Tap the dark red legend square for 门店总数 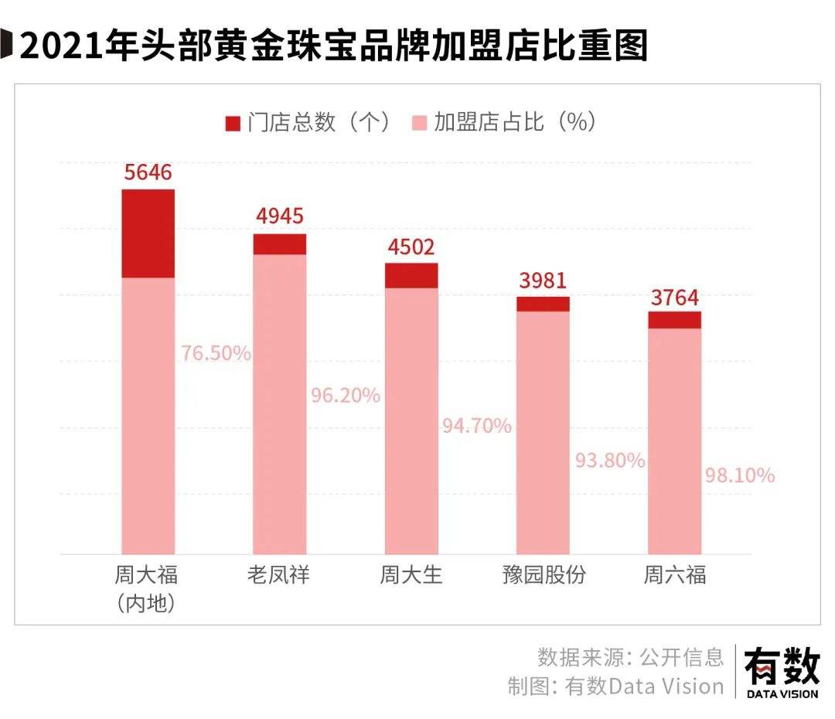(233, 124)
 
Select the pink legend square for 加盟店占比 (419, 124)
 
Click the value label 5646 (148, 172)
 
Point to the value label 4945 (279, 216)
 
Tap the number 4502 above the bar (411, 247)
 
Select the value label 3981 (543, 281)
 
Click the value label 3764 (673, 297)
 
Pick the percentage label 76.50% (216, 353)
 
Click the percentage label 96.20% (346, 396)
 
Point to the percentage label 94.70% (477, 425)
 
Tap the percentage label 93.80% (610, 461)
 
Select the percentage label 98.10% (739, 475)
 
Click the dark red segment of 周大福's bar (148, 233)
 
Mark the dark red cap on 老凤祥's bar (280, 244)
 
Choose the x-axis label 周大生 (411, 575)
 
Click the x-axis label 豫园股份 (543, 575)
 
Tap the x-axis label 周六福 (674, 575)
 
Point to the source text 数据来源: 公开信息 (630, 657)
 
